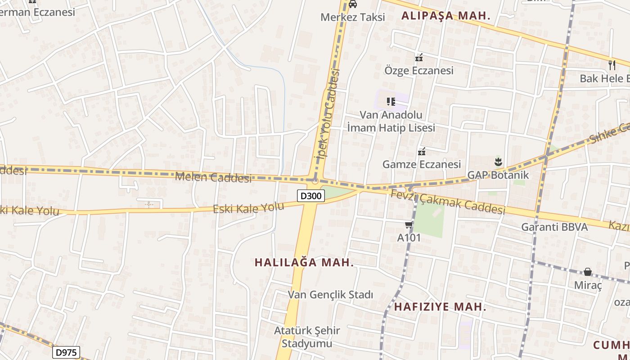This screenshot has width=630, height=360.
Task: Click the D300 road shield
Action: click(x=311, y=196)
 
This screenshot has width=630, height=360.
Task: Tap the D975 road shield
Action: click(x=66, y=352)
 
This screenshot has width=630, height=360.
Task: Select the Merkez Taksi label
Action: click(x=353, y=17)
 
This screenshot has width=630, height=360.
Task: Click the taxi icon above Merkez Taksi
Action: click(x=353, y=4)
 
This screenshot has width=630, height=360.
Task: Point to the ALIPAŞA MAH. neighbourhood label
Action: click(x=445, y=16)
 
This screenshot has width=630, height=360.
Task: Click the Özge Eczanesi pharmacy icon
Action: click(x=419, y=58)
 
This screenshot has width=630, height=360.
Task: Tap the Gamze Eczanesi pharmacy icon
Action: click(x=422, y=152)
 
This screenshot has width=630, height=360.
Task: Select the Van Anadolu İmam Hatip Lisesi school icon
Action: click(x=391, y=102)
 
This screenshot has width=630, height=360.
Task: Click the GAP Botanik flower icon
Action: click(x=498, y=162)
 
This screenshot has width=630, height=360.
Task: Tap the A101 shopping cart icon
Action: click(x=409, y=225)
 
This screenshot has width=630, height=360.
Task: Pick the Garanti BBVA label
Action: click(x=554, y=227)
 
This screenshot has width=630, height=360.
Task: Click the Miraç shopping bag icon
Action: click(x=588, y=272)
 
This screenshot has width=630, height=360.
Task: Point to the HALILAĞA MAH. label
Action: click(x=304, y=263)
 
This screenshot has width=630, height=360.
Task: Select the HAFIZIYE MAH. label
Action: click(x=440, y=307)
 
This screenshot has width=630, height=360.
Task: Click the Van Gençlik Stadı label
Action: click(x=330, y=295)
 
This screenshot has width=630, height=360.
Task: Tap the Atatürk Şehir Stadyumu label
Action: click(x=307, y=337)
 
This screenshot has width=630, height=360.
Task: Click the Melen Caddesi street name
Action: click(x=213, y=177)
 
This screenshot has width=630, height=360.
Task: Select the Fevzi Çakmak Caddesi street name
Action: click(x=448, y=202)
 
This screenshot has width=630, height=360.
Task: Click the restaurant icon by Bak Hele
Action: click(x=612, y=65)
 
